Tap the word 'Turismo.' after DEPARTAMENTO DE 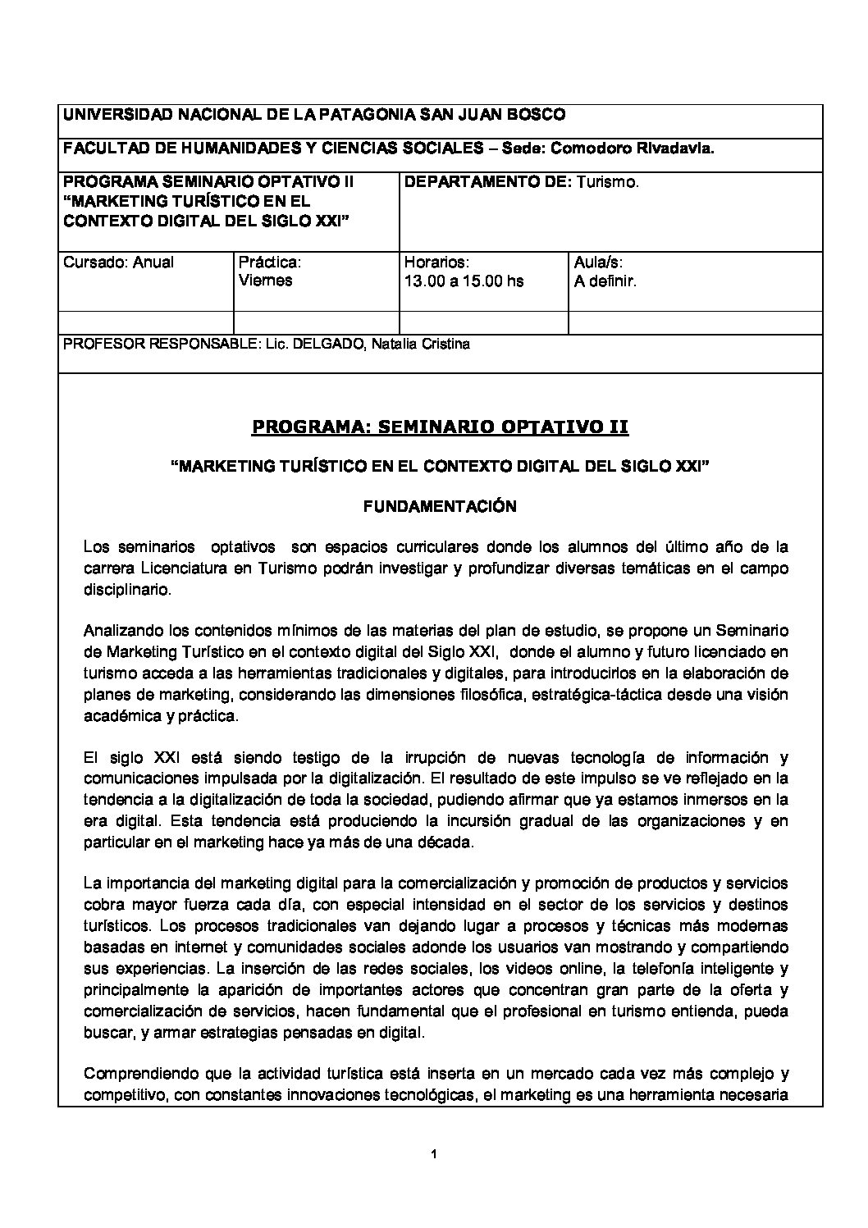tap(608, 182)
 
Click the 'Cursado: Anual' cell tap(119, 262)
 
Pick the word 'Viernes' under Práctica tap(265, 281)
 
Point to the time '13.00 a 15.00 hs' tap(464, 281)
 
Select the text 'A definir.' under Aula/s tap(605, 281)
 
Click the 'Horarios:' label tap(436, 262)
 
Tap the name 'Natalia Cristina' tap(421, 345)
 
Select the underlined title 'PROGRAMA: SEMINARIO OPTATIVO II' tap(440, 427)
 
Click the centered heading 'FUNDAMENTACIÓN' tap(440, 507)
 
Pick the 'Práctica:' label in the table tap(270, 262)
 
